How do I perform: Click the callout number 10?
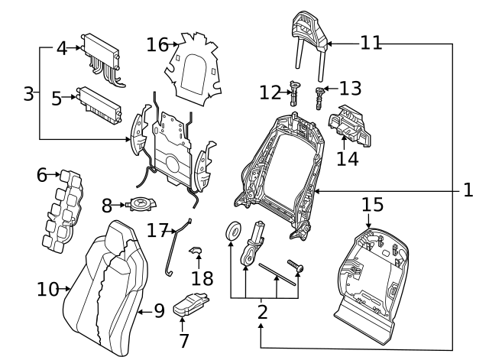(x=48, y=289)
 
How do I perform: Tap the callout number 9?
(x=158, y=310)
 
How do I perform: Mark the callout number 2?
(x=262, y=312)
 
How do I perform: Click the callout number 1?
(x=468, y=190)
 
